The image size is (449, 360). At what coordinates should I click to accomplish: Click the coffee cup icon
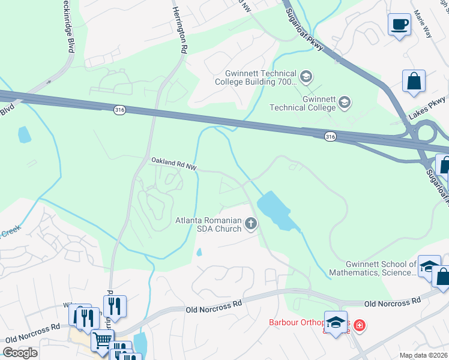[399, 25]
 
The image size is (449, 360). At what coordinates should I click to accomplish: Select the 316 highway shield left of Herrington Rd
[120, 109]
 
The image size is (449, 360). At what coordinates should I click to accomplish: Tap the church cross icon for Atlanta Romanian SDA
[251, 224]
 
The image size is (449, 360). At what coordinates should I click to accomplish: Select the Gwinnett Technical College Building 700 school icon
[306, 76]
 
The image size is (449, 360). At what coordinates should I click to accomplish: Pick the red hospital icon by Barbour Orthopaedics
[359, 326]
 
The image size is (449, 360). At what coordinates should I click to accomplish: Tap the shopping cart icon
[101, 340]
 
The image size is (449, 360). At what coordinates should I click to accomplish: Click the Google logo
[20, 353]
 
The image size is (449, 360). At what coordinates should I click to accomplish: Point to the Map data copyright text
[423, 355]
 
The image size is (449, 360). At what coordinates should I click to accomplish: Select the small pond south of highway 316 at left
[24, 134]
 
